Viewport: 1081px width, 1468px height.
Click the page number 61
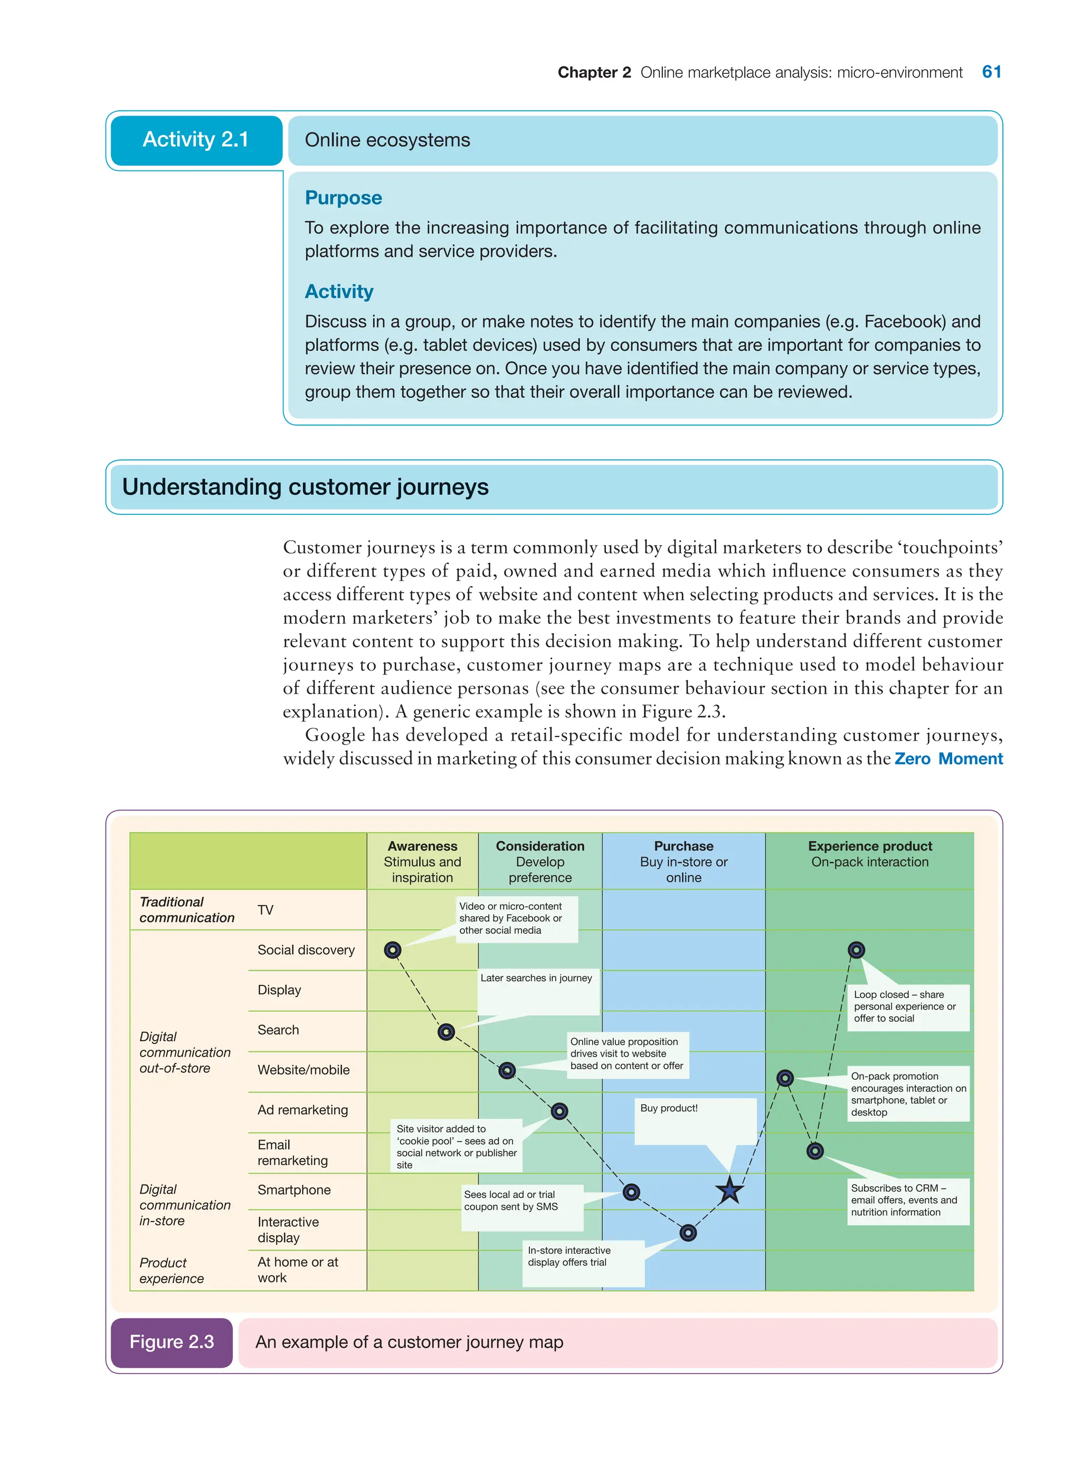[991, 72]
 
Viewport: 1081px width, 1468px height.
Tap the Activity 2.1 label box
[196, 140]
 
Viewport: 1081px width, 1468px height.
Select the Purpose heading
[343, 197]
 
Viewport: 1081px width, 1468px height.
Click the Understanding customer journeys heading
[305, 487]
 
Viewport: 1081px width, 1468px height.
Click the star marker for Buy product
[729, 1190]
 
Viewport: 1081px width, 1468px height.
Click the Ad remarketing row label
[302, 1110]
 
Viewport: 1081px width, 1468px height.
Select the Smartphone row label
[294, 1190]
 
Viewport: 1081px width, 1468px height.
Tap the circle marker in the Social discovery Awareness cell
[393, 949]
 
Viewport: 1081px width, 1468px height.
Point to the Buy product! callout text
[669, 1108]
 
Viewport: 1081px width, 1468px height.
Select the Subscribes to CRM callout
[903, 1200]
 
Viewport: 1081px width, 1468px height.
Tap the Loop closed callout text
[904, 1006]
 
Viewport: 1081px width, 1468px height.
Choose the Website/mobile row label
[303, 1070]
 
